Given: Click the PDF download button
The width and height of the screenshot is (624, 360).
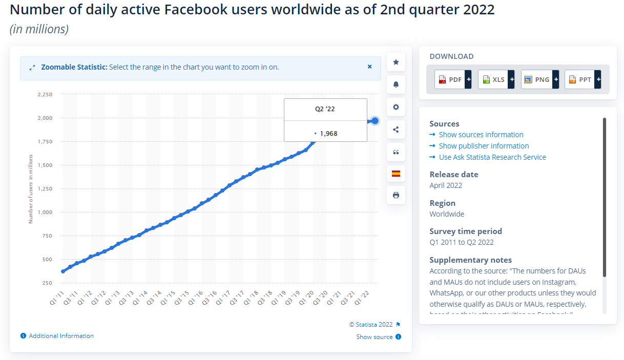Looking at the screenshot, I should [x=453, y=79].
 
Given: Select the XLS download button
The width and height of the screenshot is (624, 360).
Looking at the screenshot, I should [x=496, y=79].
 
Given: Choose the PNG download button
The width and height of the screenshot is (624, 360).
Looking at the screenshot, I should [x=539, y=79].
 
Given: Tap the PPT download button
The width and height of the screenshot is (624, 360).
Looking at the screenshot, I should [x=583, y=79].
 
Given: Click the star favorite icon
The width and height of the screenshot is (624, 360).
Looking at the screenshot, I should [x=396, y=62].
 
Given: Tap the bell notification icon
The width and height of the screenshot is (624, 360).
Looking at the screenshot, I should [x=396, y=84].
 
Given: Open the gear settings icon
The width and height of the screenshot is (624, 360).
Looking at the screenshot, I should [x=396, y=107].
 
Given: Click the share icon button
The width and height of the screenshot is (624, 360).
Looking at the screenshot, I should [x=396, y=130].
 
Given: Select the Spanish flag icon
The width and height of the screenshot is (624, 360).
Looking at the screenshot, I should [x=396, y=174].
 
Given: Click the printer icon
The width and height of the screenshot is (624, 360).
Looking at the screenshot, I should [x=396, y=195].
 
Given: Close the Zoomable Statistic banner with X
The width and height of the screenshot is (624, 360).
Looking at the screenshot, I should [x=369, y=67].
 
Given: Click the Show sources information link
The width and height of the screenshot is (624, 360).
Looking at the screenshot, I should [x=481, y=135].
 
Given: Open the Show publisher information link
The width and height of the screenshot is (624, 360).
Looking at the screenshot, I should [x=484, y=146].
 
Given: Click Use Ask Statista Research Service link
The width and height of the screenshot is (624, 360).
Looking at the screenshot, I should [x=492, y=157].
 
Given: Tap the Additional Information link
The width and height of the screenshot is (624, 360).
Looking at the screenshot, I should [x=61, y=336].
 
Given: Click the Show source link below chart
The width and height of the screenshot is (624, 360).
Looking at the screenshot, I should [x=375, y=337].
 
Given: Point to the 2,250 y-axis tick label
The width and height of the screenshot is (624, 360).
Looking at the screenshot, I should [x=45, y=95].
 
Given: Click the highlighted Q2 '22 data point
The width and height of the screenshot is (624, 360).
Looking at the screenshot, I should [x=375, y=121].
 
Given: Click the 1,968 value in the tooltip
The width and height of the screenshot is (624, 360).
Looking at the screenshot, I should [x=328, y=134].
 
